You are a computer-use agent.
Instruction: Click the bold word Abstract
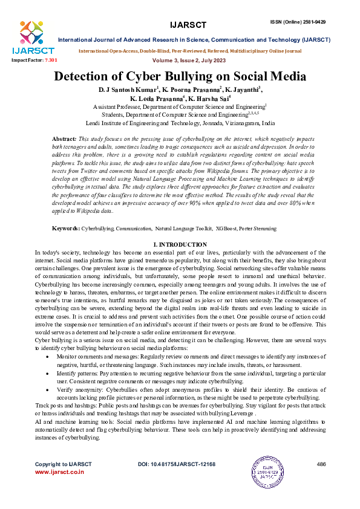pyautogui.click(x=65, y=139)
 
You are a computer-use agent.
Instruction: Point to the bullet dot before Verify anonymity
pyautogui.click(x=48, y=391)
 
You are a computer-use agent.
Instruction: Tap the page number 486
pyautogui.click(x=321, y=464)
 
